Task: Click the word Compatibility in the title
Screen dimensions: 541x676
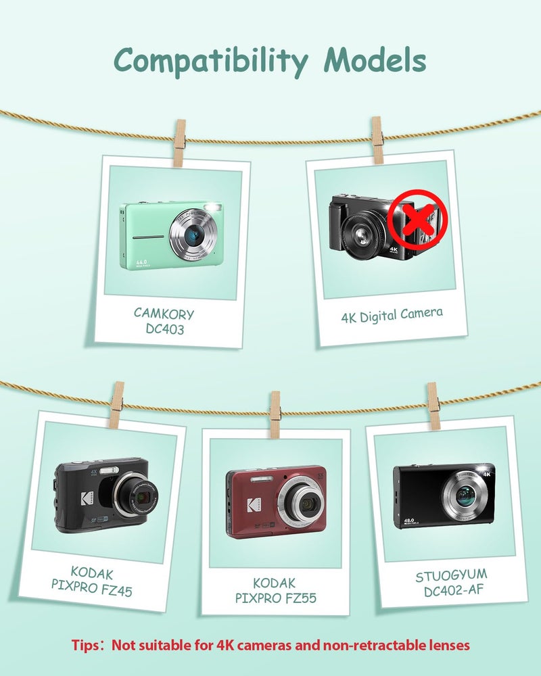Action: pyautogui.click(x=211, y=62)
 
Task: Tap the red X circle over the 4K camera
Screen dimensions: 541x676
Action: pyautogui.click(x=417, y=219)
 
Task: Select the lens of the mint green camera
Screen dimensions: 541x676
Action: pyautogui.click(x=193, y=235)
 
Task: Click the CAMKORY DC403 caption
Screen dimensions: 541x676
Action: pyautogui.click(x=164, y=320)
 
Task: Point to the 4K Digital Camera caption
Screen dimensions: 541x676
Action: pyautogui.click(x=392, y=315)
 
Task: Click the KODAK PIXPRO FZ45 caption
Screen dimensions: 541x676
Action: pyautogui.click(x=91, y=581)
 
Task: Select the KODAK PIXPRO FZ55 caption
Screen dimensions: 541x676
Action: pyautogui.click(x=275, y=591)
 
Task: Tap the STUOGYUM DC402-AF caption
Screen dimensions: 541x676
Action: pyautogui.click(x=452, y=583)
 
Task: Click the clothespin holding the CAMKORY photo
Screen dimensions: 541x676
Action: pyautogui.click(x=179, y=143)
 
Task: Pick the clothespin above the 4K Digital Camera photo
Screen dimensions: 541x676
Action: pyautogui.click(x=377, y=140)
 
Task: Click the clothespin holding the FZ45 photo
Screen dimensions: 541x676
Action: pyautogui.click(x=116, y=405)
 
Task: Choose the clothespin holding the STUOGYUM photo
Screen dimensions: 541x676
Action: pyautogui.click(x=433, y=406)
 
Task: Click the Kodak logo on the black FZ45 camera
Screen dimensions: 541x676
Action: pyautogui.click(x=87, y=499)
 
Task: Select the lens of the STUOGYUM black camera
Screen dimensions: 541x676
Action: pyautogui.click(x=465, y=496)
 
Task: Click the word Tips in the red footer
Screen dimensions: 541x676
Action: pyautogui.click(x=86, y=646)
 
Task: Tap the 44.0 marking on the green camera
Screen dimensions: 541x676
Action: pyautogui.click(x=141, y=262)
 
